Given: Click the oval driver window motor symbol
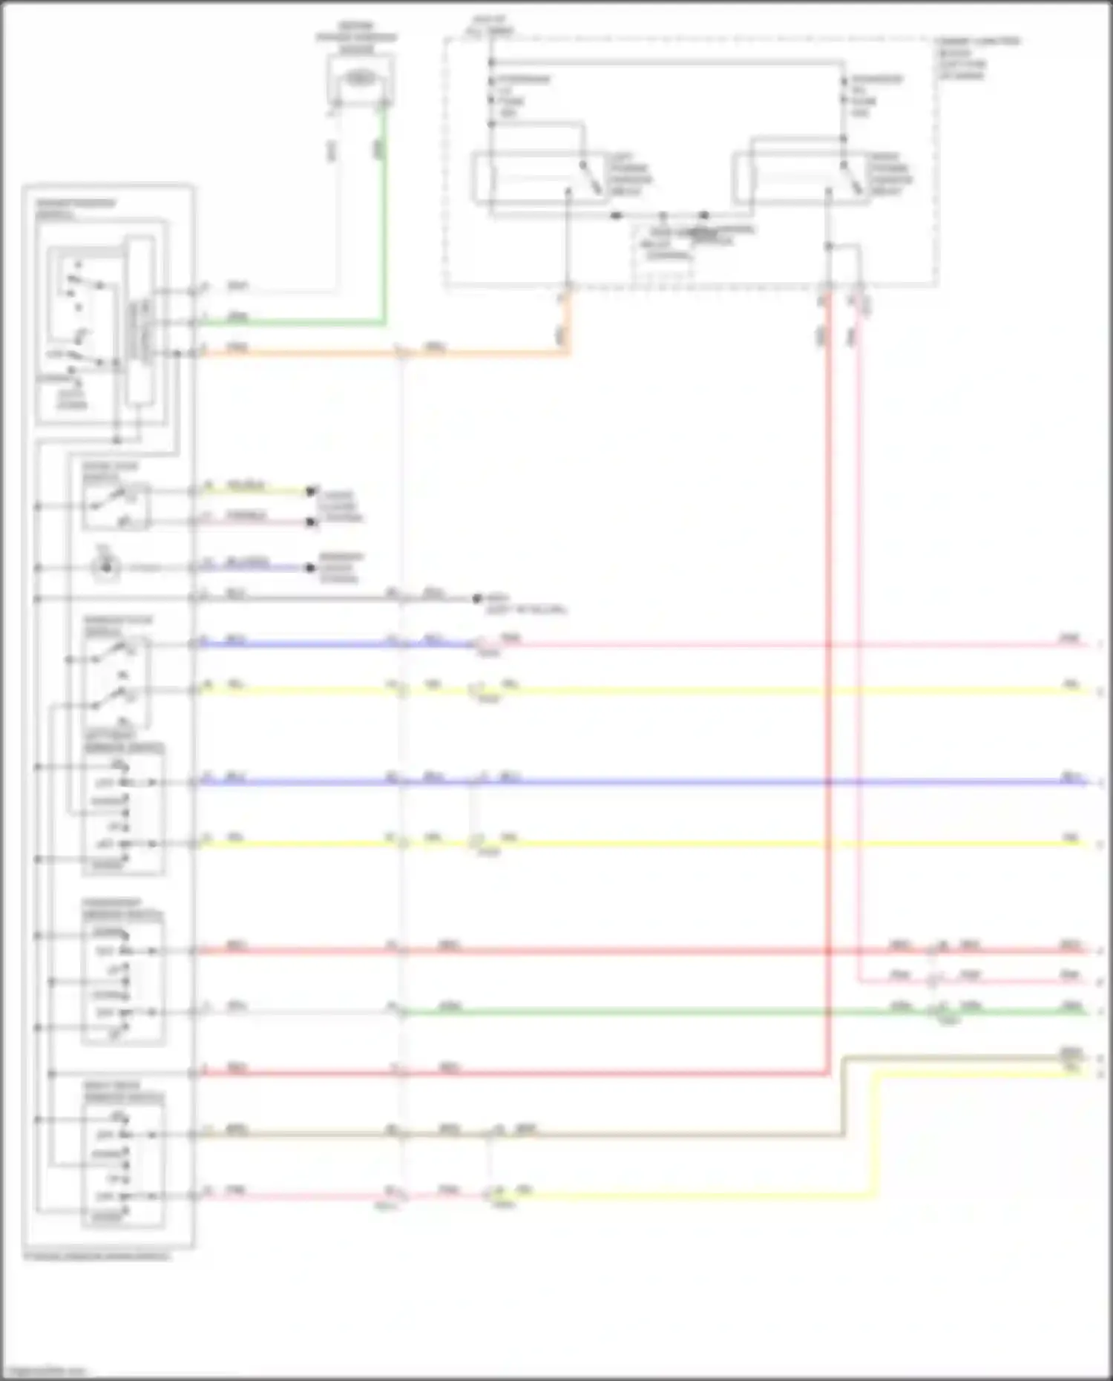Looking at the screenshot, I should (361, 78).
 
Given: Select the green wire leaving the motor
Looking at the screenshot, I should (384, 223).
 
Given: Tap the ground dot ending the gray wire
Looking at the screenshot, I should (479, 598).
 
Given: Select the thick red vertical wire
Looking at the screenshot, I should (827, 668).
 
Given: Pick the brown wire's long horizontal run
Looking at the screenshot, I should (668, 1134).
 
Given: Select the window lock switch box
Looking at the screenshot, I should (117, 672).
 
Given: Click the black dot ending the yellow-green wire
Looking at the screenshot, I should (312, 491).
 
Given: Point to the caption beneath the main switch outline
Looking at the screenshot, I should (96, 1256).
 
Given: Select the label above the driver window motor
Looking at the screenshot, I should (357, 37).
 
